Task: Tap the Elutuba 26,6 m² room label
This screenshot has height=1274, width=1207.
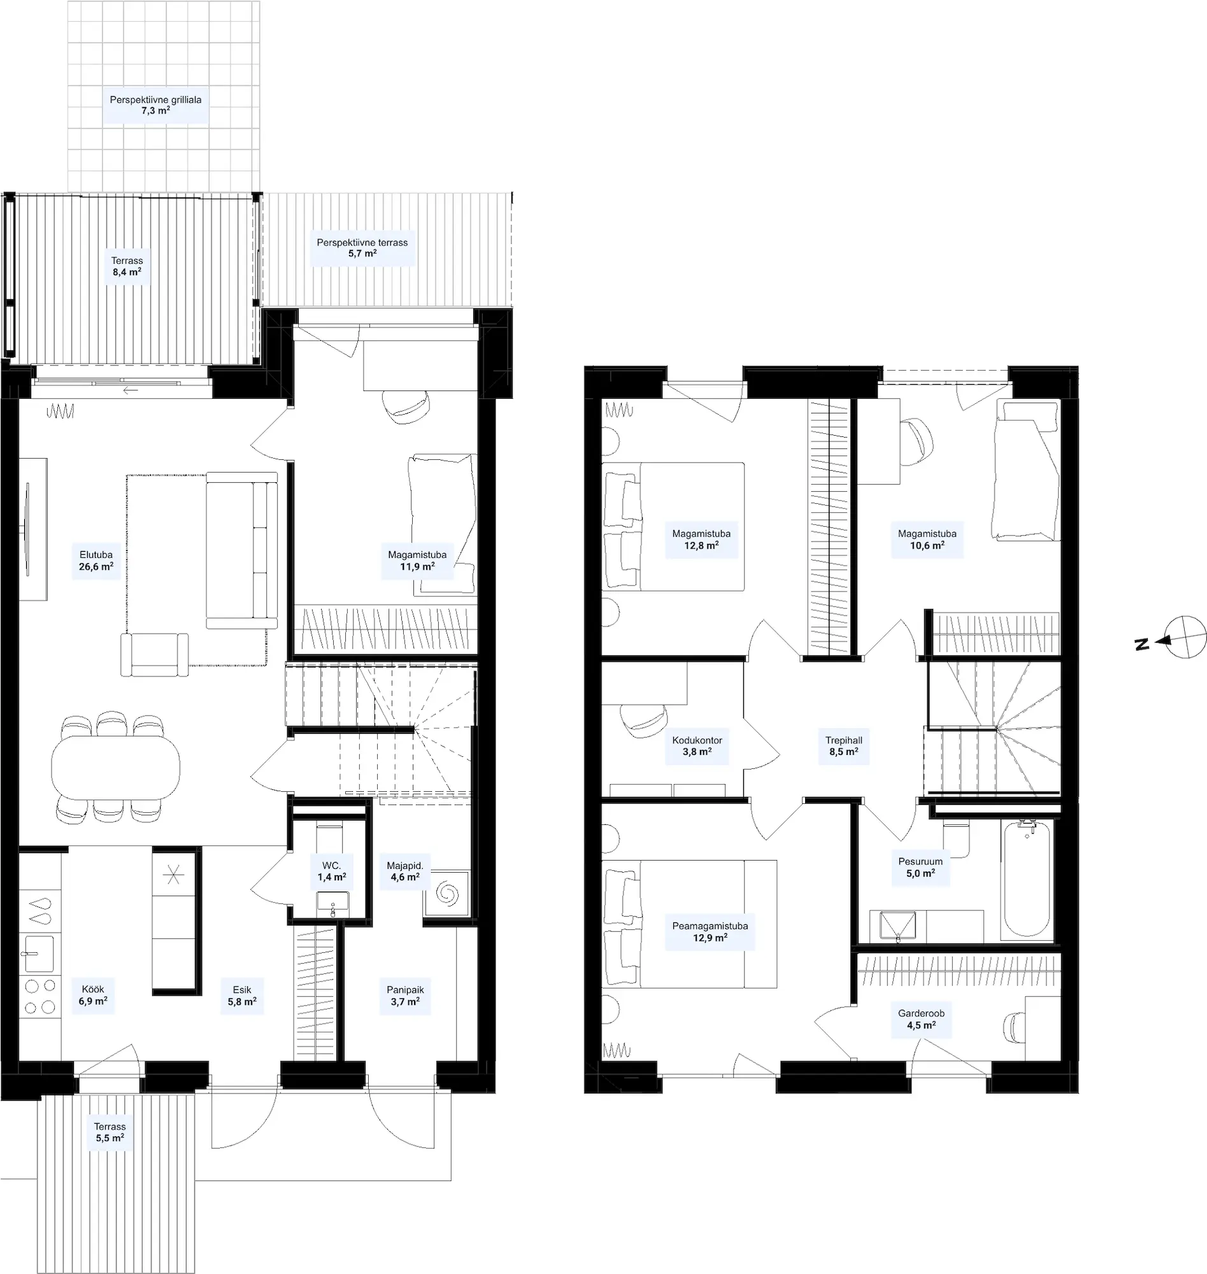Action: [x=97, y=561]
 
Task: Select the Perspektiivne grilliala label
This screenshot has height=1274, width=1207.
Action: [x=155, y=100]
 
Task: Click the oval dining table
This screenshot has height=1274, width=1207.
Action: [x=116, y=766]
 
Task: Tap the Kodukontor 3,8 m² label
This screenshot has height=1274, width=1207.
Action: [x=697, y=746]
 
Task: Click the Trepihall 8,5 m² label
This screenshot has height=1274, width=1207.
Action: [x=844, y=746]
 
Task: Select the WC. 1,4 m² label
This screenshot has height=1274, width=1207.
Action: [x=332, y=871]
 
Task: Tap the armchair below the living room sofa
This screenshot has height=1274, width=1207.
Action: [x=154, y=654]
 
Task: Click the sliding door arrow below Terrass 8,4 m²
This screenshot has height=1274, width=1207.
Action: [x=131, y=390]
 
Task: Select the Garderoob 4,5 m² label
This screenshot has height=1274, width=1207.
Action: [x=922, y=1019]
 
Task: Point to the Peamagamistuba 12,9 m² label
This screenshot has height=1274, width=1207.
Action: [x=710, y=932]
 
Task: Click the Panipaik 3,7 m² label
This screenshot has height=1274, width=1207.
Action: [x=405, y=996]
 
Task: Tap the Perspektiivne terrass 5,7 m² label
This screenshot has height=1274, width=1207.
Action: [x=362, y=248]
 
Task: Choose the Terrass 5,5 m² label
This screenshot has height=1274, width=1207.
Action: [x=110, y=1132]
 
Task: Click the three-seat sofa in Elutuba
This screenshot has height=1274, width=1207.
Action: [x=242, y=550]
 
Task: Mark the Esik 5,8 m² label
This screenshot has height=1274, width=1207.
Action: [x=243, y=996]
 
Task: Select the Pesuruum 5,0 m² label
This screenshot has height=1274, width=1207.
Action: [x=920, y=868]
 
